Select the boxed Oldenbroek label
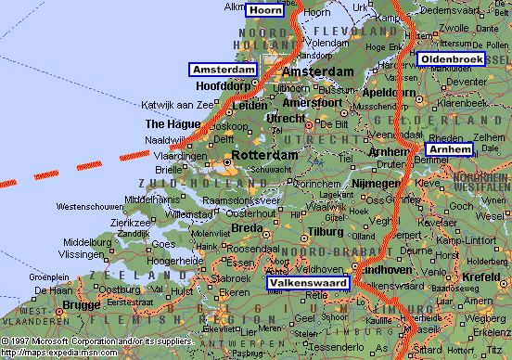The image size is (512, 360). click(x=451, y=59)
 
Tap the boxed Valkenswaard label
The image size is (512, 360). click(x=308, y=283)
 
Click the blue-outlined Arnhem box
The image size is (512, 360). click(x=449, y=149)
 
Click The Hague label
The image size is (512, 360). click(x=172, y=123)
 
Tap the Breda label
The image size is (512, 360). click(x=246, y=227)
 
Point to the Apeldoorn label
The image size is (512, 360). click(x=387, y=94)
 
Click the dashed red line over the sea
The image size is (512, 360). click(x=83, y=168)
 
